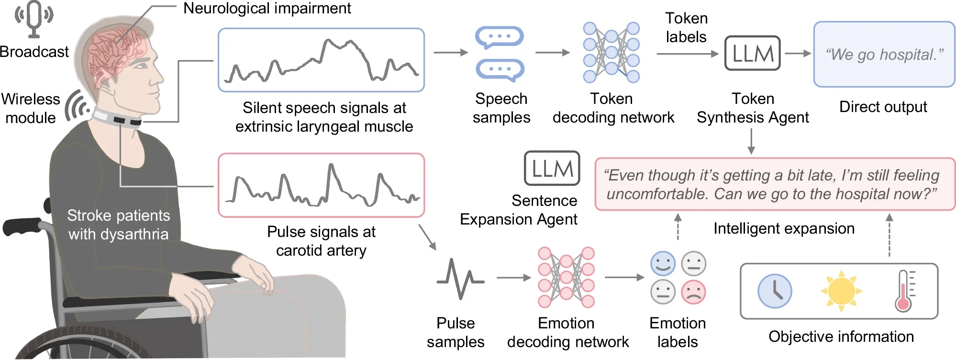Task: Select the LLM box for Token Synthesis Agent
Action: pos(752,53)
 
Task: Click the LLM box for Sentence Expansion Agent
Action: pos(552,169)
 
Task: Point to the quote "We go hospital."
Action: pos(884,55)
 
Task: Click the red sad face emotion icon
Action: pos(693,292)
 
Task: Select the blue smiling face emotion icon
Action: pos(663,263)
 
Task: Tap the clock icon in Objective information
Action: pos(775,291)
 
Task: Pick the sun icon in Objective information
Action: pos(841,291)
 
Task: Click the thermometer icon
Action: pos(903,291)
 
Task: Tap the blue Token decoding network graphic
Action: pos(611,52)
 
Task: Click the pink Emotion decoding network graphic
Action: pos(566,277)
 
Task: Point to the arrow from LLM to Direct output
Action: pos(797,54)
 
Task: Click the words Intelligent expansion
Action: pos(784,228)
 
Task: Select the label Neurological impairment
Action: pos(267,8)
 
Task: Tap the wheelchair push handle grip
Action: pos(22,227)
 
